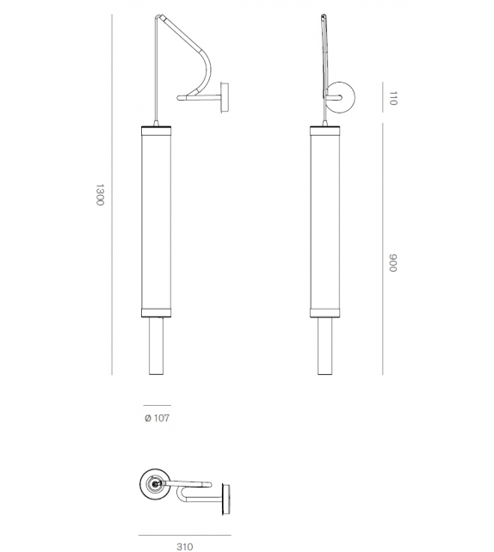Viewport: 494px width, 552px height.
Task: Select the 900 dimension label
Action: (x=392, y=264)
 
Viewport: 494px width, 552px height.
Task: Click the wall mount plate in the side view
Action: (x=225, y=96)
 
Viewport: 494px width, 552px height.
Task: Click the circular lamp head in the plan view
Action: (x=155, y=485)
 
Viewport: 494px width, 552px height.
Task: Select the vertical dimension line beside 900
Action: (x=381, y=249)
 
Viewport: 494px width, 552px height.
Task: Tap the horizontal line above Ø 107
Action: (x=156, y=405)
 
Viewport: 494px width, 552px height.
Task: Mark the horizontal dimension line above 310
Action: (x=184, y=535)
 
